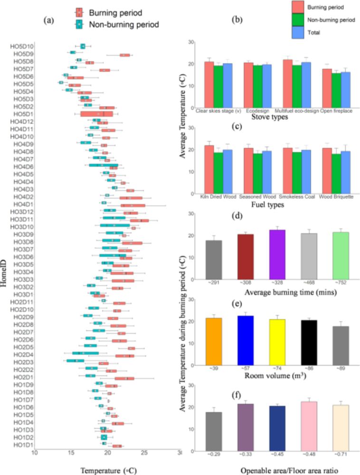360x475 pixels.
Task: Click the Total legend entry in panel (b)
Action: tap(313, 33)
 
